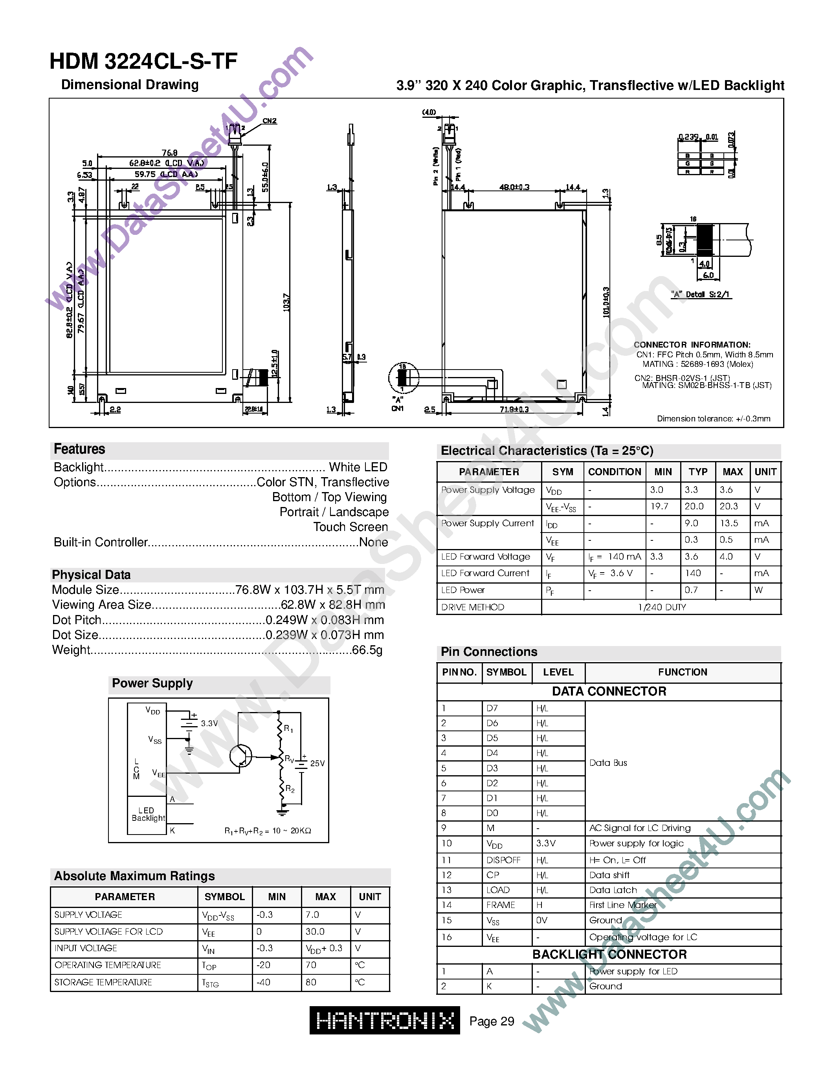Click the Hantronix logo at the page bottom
pos(384,1020)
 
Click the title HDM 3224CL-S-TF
pos(143,62)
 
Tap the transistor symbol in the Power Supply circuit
pos(241,756)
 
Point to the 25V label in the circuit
pos(317,763)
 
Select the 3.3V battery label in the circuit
pos(209,723)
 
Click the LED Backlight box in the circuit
pos(147,815)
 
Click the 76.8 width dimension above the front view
pos(169,153)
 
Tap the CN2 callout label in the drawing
pos(269,121)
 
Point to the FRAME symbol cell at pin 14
pos(501,905)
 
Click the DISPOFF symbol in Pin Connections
pos(503,860)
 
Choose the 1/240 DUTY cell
pos(661,607)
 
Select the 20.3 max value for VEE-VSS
pos(728,506)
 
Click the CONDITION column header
pos(615,472)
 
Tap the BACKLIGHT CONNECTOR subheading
pos(609,954)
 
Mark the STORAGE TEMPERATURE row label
pos(103,982)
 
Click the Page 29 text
pos(491,1021)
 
